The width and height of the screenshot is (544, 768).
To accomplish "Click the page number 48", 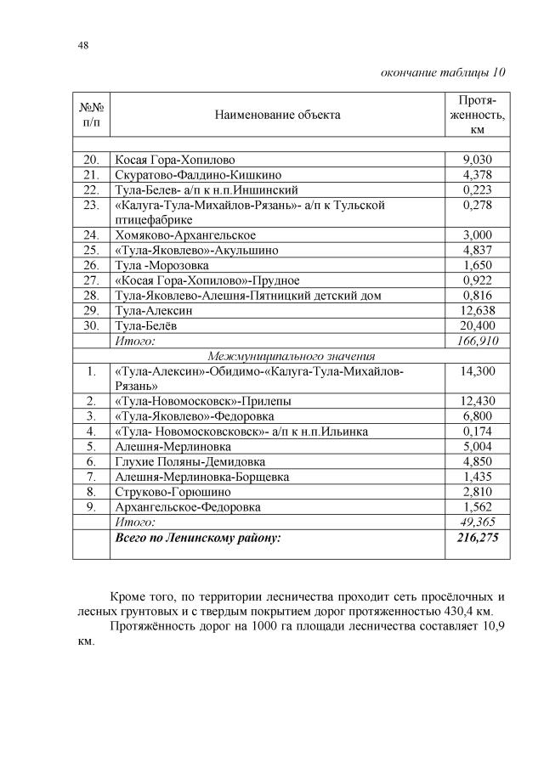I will click(82, 45).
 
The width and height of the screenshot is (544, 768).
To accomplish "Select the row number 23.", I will click(90, 205).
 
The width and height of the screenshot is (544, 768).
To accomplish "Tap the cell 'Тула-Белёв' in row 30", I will click(145, 326).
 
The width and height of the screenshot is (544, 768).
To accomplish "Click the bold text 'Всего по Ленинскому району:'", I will click(197, 538).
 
